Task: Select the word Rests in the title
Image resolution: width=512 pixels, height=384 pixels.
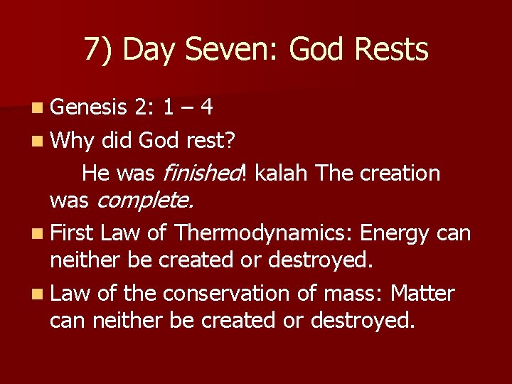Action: [391, 50]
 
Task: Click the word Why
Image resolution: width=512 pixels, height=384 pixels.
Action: [72, 140]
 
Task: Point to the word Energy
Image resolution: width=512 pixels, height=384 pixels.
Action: [396, 233]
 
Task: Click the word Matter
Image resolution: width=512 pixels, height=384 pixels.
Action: [422, 293]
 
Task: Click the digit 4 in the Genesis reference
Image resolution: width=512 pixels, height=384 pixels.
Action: [206, 108]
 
